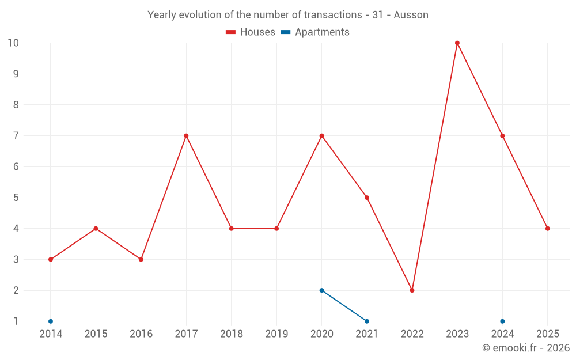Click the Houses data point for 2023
click(457, 43)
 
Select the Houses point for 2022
click(412, 290)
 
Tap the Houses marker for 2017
click(186, 136)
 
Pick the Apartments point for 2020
click(321, 290)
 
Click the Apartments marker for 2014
click(51, 321)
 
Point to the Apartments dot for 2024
click(502, 321)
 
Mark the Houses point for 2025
click(548, 229)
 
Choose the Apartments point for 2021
click(367, 321)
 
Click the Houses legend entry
click(251, 32)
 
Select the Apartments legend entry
click(315, 32)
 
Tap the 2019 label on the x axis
click(276, 334)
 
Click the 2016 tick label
click(141, 334)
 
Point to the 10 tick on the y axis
click(13, 43)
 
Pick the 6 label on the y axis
click(16, 167)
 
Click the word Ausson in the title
click(411, 15)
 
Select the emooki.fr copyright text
click(526, 348)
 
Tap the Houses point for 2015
click(96, 229)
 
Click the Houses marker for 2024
click(502, 136)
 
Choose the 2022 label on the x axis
click(412, 334)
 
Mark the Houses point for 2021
click(367, 198)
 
